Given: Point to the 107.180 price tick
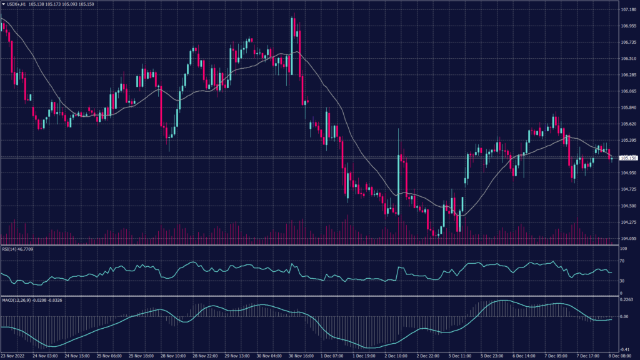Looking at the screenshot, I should (x=627, y=10).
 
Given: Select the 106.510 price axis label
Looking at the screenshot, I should (x=627, y=59).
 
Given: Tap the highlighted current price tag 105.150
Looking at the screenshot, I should (x=627, y=158).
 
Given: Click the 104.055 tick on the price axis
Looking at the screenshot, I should (x=627, y=238).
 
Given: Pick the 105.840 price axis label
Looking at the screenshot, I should (x=627, y=107).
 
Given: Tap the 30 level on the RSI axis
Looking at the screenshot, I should (x=622, y=281).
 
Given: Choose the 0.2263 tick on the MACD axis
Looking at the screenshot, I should (x=627, y=300).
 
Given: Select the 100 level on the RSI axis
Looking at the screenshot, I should (x=623, y=249).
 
